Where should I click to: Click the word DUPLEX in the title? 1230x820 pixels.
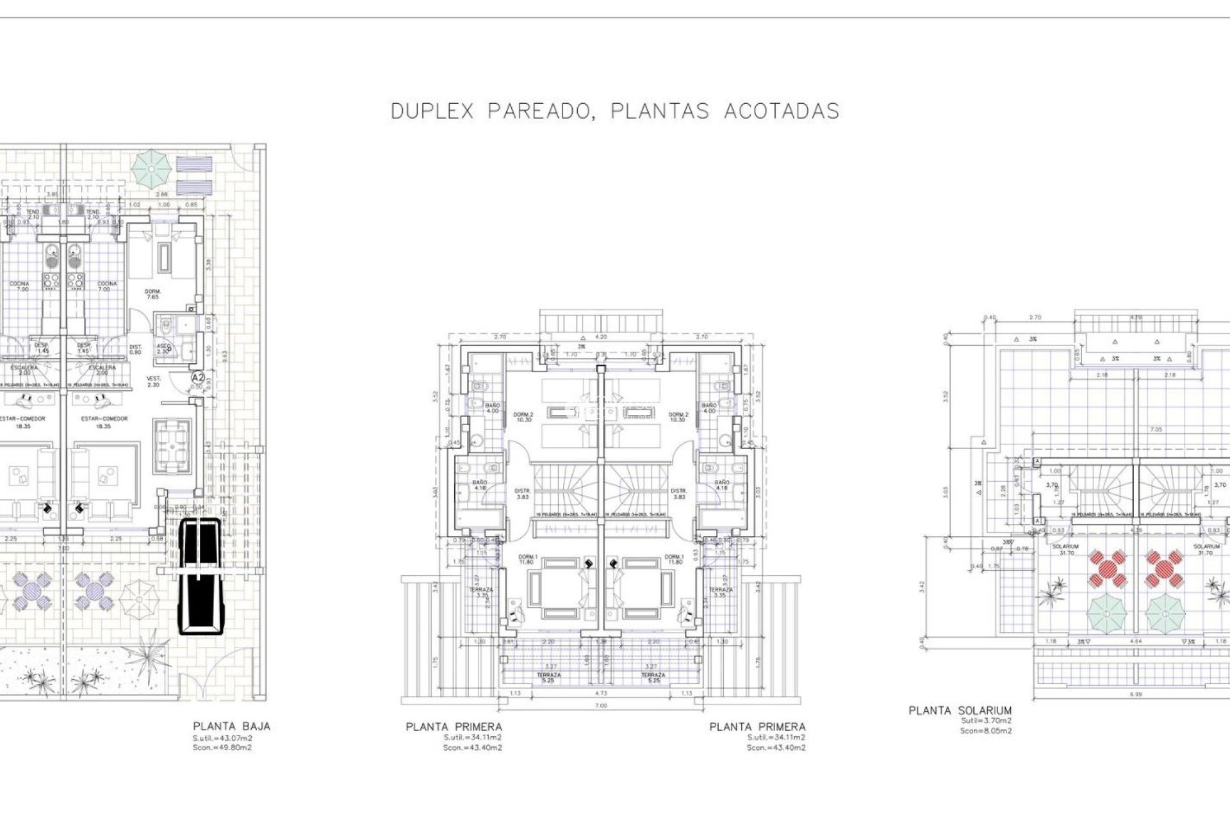tap(432, 111)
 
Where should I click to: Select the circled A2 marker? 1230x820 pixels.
tap(198, 378)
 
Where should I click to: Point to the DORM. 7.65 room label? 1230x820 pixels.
tap(152, 294)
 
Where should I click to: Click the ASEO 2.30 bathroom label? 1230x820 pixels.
tap(163, 348)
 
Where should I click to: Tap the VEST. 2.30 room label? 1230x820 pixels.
tap(154, 381)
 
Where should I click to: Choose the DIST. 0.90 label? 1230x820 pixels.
tap(135, 349)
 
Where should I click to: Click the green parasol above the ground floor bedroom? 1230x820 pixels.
tap(152, 167)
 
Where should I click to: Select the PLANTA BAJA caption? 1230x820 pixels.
tap(231, 726)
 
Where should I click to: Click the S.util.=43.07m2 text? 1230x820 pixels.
tap(222, 738)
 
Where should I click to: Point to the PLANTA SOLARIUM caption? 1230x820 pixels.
tap(960, 710)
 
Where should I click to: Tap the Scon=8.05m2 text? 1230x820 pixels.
tap(986, 730)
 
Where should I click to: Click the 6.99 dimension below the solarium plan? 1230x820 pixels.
tap(1135, 694)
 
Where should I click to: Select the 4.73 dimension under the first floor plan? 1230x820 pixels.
tap(601, 693)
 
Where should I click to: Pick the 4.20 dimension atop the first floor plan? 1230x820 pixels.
tap(601, 336)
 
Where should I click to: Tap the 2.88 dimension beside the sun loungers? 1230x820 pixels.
tap(163, 194)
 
